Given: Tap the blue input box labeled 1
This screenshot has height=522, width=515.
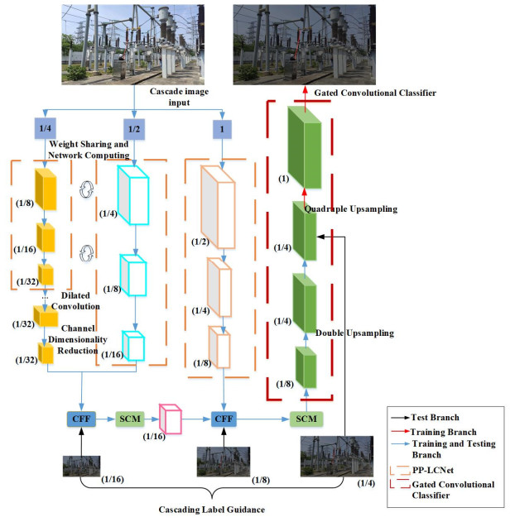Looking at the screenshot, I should tap(220, 128).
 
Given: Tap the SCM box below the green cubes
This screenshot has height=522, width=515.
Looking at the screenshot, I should tap(306, 419).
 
